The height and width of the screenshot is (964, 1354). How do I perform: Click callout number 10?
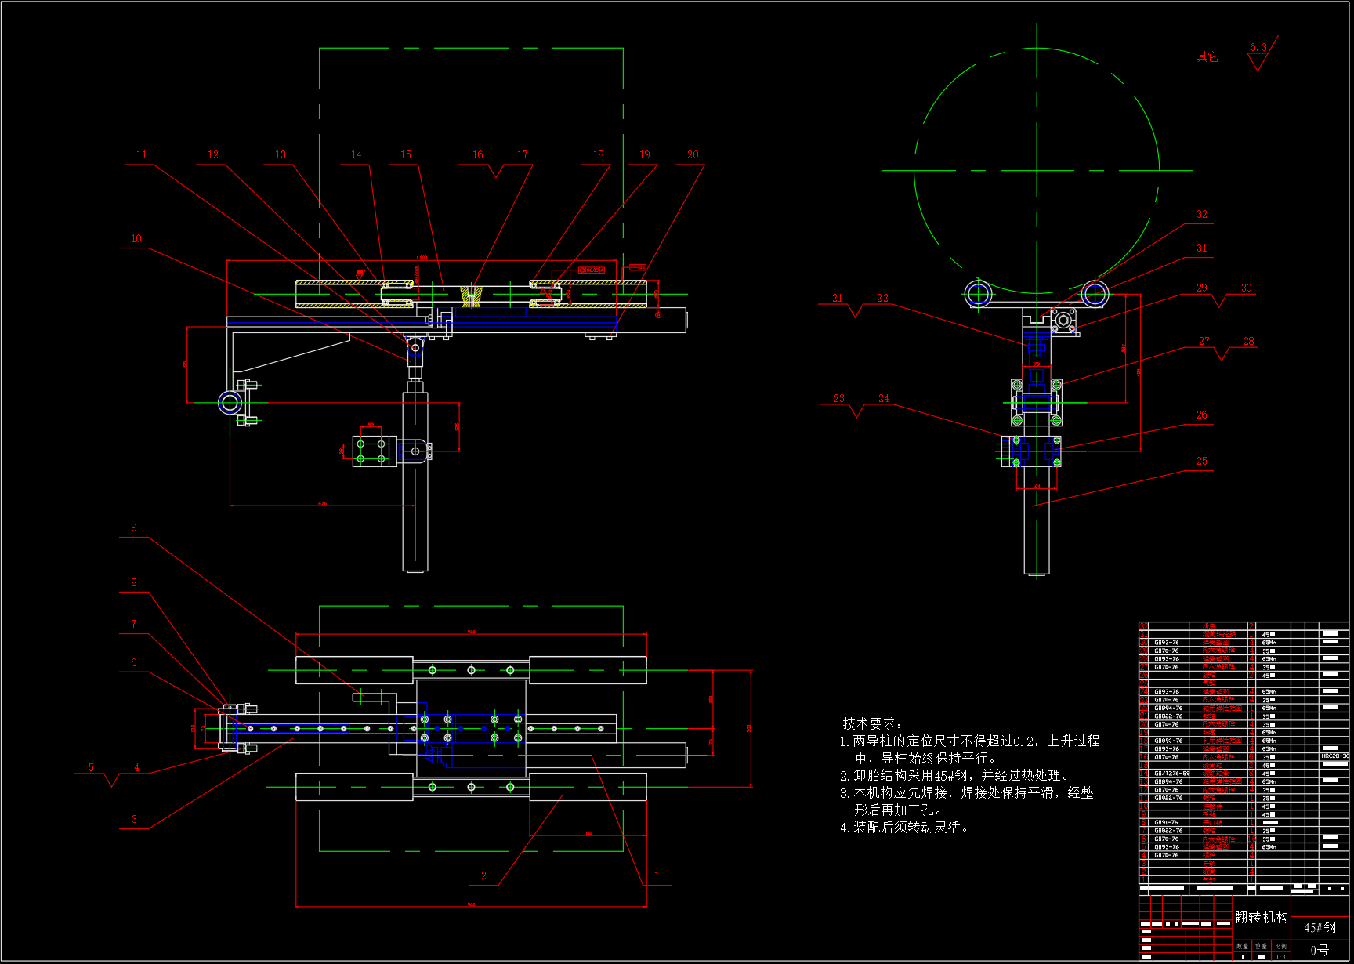pos(136,239)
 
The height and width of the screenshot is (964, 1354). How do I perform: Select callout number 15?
pos(406,155)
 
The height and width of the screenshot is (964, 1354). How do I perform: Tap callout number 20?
pos(693,155)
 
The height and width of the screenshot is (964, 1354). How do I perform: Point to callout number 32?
pos(1201,215)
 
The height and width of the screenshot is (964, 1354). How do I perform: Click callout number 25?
pos(1201,462)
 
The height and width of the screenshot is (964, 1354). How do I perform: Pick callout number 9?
pos(134,528)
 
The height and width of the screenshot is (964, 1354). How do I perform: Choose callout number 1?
pos(657,876)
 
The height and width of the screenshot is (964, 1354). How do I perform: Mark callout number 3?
pos(134,819)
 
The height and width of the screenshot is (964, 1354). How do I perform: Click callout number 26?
pos(1201,415)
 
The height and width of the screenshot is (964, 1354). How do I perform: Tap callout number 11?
pos(142,155)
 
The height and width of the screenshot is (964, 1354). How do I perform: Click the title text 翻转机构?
pos(1262,917)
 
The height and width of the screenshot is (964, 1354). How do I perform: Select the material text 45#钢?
pos(1320,928)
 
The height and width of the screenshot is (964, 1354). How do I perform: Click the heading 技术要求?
pos(871,723)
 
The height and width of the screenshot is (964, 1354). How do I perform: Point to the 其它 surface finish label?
pos(1207,57)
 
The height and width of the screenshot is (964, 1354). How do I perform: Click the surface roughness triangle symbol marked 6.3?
pos(1259,59)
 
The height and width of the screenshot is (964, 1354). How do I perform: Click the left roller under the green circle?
pos(979,295)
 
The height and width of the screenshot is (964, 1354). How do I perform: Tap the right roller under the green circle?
pos(1095,295)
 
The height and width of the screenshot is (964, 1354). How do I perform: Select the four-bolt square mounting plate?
pos(371,451)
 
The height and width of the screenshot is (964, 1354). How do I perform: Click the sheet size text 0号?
pos(1320,951)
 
